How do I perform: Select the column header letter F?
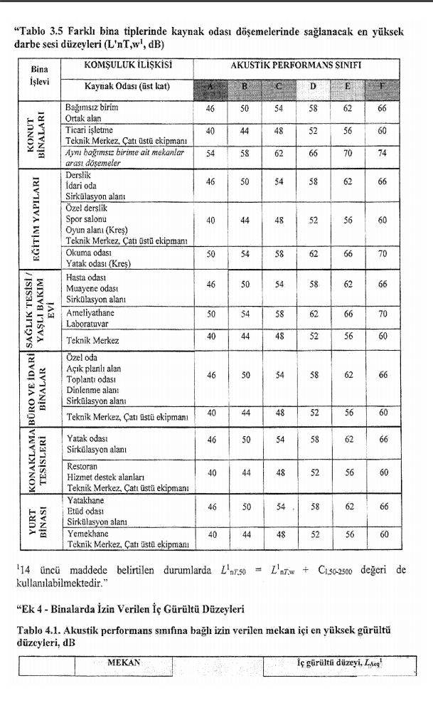(x=383, y=88)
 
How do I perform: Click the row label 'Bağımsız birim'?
(x=92, y=107)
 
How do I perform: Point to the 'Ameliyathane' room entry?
(x=90, y=313)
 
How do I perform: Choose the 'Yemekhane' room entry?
(x=87, y=534)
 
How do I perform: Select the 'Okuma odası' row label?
(x=88, y=252)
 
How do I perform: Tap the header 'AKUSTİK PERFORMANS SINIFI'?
(x=296, y=65)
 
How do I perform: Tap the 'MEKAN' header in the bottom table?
(x=123, y=662)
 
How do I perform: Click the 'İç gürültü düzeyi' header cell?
(x=338, y=663)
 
